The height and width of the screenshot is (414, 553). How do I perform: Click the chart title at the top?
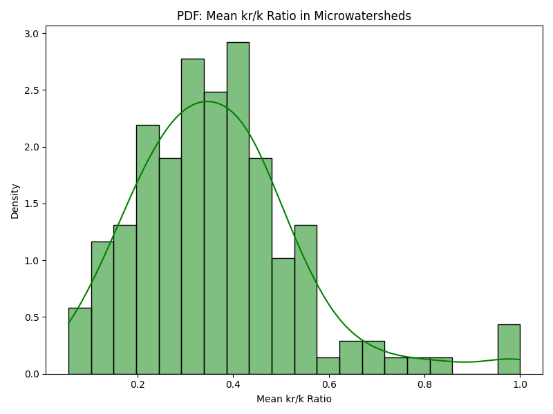point(294,16)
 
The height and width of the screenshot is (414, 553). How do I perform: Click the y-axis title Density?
point(15,201)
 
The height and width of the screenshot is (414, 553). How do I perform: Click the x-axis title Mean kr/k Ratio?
point(294,399)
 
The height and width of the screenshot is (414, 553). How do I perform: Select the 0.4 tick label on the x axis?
point(233,384)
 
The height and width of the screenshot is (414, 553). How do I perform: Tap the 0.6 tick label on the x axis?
point(329,384)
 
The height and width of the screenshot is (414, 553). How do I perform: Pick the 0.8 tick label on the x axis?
point(424,384)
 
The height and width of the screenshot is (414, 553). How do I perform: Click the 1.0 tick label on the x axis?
point(520,384)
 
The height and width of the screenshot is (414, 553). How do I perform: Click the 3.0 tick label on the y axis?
point(32,33)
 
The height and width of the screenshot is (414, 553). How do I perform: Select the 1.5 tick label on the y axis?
point(32,204)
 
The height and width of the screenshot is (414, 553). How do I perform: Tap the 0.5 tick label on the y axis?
point(32,317)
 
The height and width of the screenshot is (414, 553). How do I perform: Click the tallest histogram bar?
point(238,207)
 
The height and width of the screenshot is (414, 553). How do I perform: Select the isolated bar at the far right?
point(509,349)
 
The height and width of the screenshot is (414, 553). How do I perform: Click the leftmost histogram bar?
point(79,341)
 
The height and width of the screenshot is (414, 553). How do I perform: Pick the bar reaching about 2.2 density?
point(147,249)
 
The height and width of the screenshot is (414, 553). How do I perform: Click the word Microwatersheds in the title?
point(364,16)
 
